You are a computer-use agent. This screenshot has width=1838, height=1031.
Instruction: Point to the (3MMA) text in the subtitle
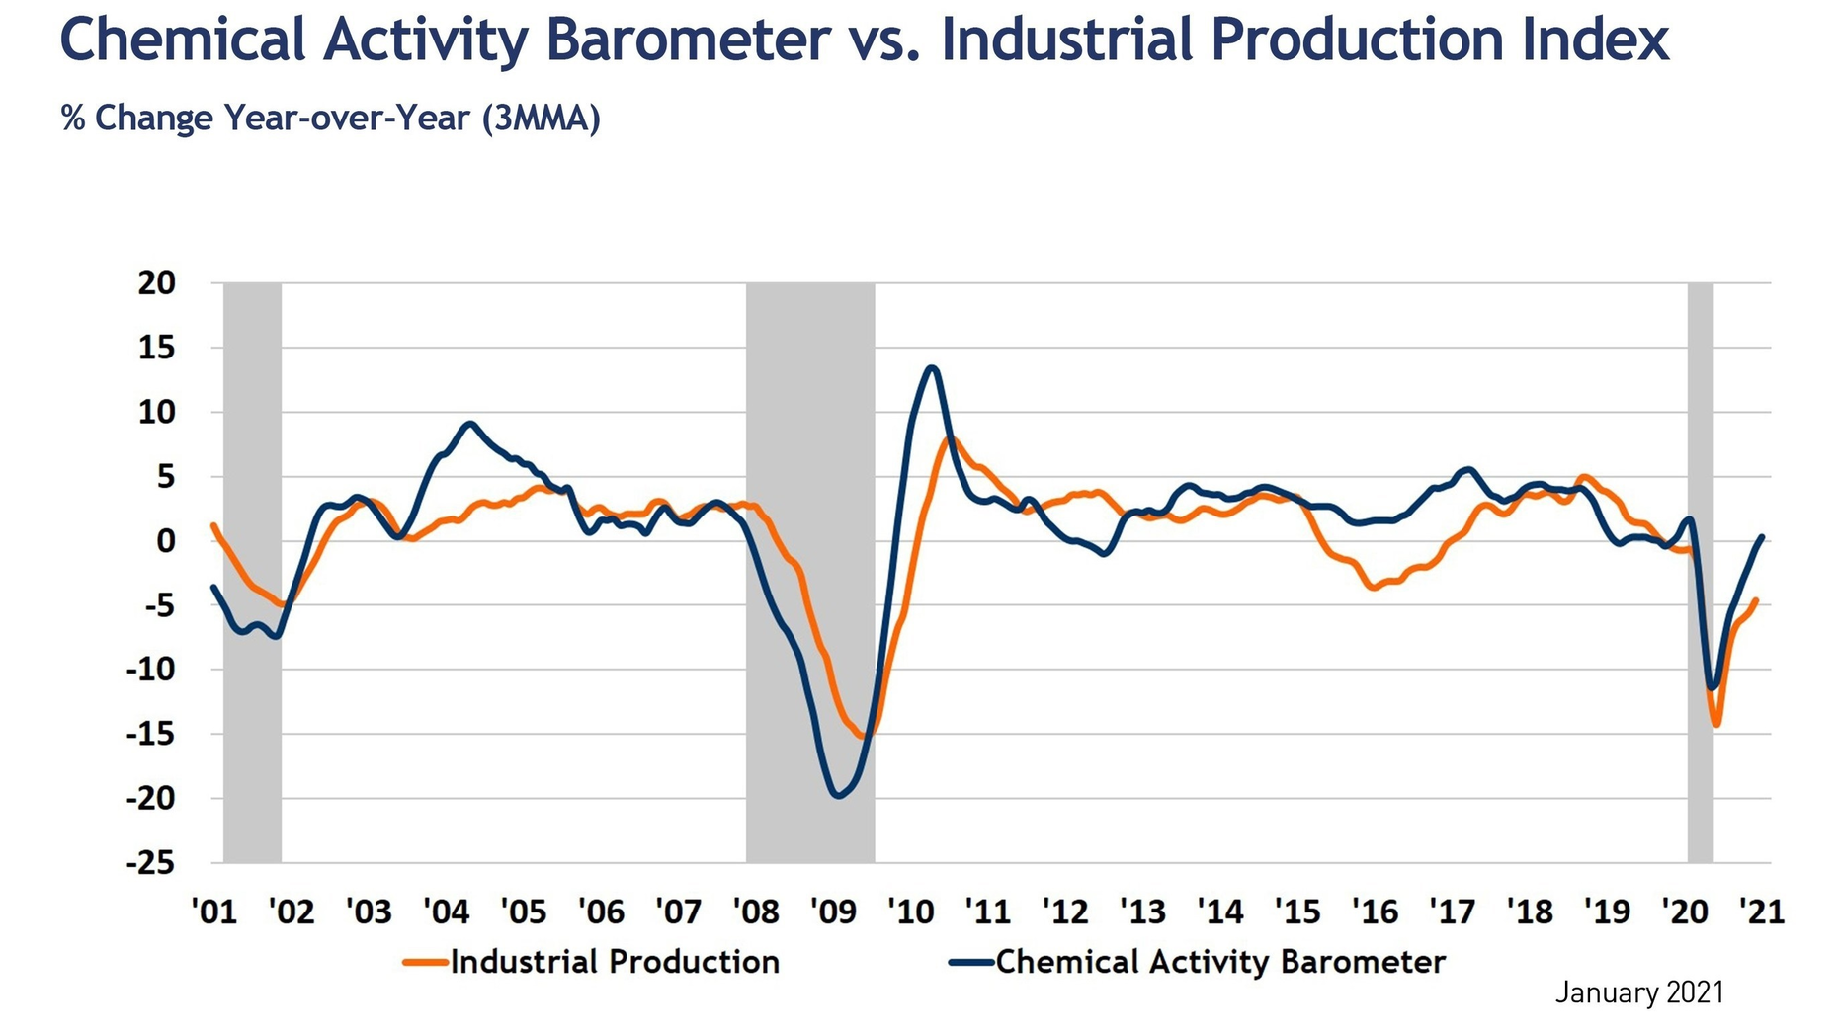click(542, 119)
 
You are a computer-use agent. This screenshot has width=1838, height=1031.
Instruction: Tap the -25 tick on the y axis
click(151, 863)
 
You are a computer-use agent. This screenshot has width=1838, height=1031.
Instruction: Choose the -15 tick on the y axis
click(151, 734)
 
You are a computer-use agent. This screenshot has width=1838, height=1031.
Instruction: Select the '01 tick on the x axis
click(214, 911)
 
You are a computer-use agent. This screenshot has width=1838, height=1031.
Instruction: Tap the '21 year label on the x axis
click(1762, 911)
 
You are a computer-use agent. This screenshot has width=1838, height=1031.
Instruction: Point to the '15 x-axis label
click(1297, 911)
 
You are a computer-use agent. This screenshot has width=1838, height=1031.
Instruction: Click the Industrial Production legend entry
click(592, 962)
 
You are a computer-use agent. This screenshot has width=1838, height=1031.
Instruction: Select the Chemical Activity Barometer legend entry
click(1198, 962)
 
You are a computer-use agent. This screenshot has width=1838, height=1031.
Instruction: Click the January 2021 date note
click(1639, 992)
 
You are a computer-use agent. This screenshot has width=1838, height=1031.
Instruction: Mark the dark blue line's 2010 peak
click(932, 368)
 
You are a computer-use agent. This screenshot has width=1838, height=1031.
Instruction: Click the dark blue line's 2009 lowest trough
click(839, 795)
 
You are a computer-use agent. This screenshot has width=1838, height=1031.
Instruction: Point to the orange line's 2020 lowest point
click(1717, 724)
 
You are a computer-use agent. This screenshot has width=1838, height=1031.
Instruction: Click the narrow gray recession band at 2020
click(1700, 573)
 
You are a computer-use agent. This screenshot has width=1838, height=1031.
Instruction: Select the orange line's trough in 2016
click(1373, 587)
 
